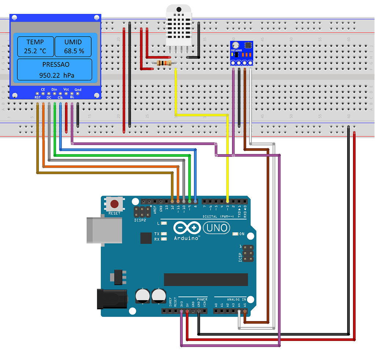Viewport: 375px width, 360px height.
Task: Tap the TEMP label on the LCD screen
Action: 35,42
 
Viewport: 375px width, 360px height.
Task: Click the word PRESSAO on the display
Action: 56,65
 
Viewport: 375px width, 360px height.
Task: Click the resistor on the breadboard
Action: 164,63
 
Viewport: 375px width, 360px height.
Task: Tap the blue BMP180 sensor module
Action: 242,53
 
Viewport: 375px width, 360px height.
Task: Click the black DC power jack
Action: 111,299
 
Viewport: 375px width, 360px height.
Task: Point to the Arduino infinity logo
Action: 187,228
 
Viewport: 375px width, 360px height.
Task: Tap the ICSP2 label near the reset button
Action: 140,220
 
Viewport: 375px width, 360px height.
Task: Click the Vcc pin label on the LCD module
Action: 66,89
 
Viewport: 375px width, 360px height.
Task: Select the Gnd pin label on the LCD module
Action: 78,90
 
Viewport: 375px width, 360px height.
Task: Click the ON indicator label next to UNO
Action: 242,234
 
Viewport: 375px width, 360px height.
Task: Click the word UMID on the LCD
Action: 73,42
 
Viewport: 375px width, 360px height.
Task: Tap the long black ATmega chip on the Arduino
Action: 206,280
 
